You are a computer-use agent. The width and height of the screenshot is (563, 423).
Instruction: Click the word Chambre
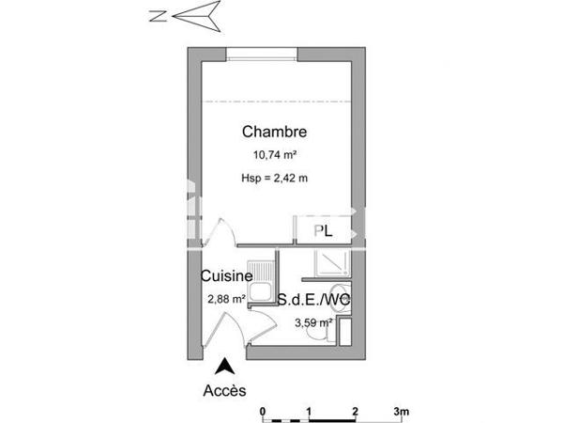(274, 132)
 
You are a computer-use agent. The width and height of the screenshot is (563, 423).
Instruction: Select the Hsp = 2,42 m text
(274, 178)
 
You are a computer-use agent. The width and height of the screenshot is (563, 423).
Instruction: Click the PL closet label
(323, 230)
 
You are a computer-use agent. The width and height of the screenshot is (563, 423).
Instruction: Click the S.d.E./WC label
(315, 300)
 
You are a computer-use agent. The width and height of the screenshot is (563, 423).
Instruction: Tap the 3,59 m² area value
(313, 322)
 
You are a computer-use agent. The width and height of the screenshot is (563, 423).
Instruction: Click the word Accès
(225, 390)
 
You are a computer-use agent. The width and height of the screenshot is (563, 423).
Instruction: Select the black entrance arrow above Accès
(225, 367)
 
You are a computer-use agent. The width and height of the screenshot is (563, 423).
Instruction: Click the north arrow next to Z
(200, 15)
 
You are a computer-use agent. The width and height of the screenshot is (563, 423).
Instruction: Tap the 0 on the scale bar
(264, 412)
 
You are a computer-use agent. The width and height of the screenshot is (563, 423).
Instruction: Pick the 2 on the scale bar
(355, 412)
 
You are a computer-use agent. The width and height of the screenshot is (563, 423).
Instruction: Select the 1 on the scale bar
(309, 412)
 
